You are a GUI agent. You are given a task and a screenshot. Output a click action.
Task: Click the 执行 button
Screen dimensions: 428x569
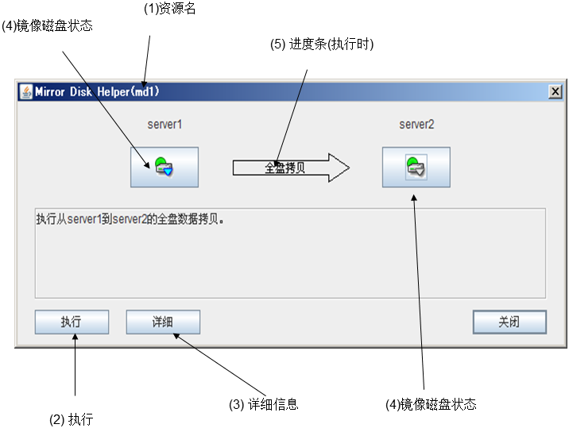point(72,322)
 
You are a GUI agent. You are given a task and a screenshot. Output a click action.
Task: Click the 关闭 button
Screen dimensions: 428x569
point(509,322)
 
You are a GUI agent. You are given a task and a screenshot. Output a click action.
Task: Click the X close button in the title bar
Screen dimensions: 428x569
point(555,91)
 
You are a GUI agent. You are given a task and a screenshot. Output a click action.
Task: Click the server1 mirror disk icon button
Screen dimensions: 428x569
point(165,167)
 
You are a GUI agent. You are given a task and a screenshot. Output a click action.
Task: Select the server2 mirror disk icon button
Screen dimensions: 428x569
point(416,167)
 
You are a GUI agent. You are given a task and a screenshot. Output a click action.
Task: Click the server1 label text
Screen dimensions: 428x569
point(165,125)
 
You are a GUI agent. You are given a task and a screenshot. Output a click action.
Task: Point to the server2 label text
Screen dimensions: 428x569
point(416,125)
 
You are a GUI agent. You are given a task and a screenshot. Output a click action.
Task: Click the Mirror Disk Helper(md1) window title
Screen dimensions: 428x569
point(97,91)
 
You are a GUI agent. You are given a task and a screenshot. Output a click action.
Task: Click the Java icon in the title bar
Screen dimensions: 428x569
point(25,91)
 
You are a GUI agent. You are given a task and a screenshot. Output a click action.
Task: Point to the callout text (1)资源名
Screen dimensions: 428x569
point(169,10)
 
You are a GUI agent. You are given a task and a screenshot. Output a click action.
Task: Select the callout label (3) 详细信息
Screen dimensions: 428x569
point(263,404)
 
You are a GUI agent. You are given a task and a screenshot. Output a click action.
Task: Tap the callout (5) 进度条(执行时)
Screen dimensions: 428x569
point(322,44)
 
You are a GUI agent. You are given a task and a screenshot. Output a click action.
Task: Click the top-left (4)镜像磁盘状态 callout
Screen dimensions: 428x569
point(47,26)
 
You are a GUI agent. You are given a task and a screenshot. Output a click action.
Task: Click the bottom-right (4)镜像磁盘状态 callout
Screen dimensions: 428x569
point(431,404)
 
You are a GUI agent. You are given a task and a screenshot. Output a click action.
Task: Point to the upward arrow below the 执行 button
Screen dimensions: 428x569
point(75,365)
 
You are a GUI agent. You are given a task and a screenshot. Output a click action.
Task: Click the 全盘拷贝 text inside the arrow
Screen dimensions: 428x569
point(284,168)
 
